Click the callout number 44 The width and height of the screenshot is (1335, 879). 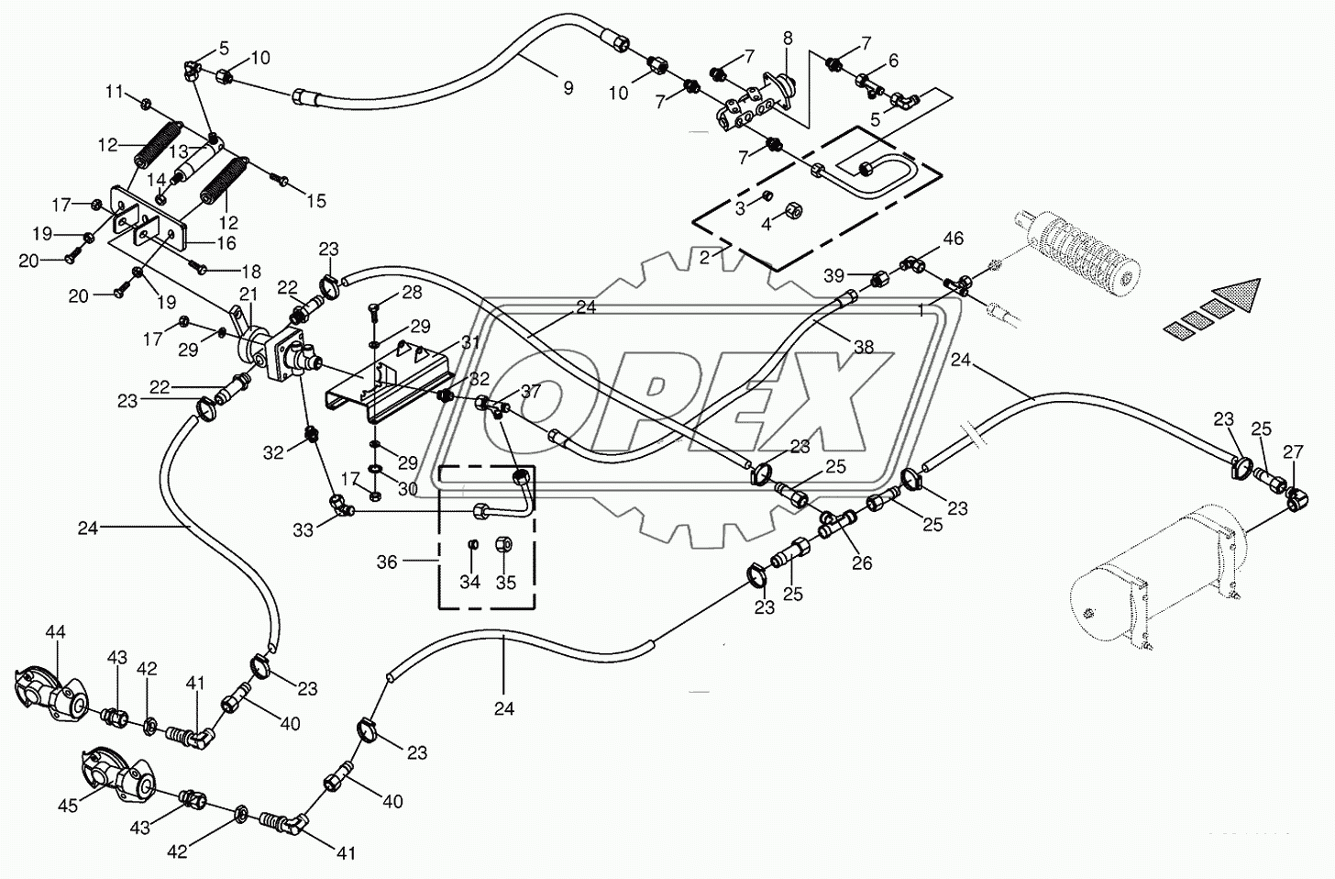[x=56, y=632]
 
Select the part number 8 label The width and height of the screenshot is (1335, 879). [x=787, y=38]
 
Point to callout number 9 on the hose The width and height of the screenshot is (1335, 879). [x=568, y=88]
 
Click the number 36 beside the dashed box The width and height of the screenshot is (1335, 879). [x=387, y=562]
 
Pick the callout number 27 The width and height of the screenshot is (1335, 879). [x=1293, y=451]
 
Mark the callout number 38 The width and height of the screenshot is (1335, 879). [x=863, y=348]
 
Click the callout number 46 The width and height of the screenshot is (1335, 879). [x=954, y=239]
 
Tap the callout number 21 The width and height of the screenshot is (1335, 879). [x=248, y=293]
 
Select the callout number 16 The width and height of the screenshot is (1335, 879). [x=226, y=243]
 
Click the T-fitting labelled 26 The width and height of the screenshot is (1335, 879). [x=834, y=525]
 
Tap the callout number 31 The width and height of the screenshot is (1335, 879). [x=470, y=342]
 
